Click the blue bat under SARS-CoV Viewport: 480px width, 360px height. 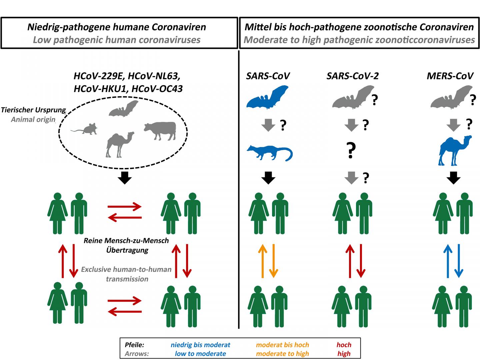(267, 98)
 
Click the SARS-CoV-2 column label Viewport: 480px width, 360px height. (352, 76)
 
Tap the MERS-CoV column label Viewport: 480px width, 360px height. (450, 76)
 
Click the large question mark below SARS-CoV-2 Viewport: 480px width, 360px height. (350, 151)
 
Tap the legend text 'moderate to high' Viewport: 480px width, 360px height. (282, 353)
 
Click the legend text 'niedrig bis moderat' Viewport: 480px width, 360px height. (200, 345)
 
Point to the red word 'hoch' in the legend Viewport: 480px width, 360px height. (344, 345)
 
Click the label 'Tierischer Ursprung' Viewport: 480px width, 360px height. (33, 110)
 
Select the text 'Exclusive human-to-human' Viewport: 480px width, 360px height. (126, 269)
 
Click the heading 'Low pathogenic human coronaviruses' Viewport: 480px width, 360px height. (117, 40)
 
